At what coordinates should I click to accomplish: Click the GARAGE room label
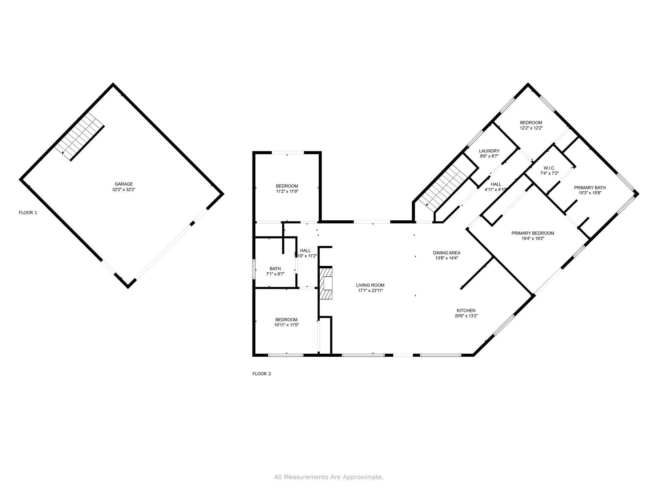point(124,184)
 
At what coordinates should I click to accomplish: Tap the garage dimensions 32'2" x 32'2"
point(124,190)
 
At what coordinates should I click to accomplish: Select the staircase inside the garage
point(79,136)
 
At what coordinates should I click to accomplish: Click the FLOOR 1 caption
point(28,213)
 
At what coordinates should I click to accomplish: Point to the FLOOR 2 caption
point(262,374)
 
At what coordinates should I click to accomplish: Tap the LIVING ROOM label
point(370,285)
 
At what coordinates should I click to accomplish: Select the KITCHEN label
point(466,310)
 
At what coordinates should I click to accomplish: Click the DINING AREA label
point(447,253)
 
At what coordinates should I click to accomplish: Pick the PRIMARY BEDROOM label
point(532,233)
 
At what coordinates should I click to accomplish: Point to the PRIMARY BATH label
point(590,188)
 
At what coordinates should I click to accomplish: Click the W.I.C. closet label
point(549,168)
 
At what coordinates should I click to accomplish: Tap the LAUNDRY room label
point(489,151)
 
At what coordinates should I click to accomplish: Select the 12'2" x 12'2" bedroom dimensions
point(531,128)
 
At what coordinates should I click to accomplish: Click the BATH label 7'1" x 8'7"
point(275,269)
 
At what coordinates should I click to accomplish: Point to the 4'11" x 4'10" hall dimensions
point(496,189)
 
